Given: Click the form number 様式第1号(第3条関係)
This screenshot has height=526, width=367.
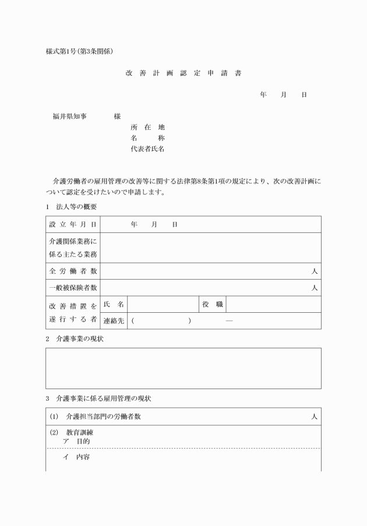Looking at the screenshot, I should coord(79,51).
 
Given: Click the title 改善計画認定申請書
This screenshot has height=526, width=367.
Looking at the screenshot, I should coord(183,73).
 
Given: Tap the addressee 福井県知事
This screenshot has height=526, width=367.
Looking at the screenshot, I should coord(69,117).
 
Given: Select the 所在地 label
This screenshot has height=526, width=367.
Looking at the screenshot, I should coord(148,127).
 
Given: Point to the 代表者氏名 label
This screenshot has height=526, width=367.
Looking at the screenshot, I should coord(148,149).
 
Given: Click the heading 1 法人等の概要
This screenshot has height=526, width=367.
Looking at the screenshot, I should coord(71,207).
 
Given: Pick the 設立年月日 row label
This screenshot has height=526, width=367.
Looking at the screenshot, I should coord(73,224).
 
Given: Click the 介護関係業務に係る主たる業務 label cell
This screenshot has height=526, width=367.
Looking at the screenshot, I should coord(73,248).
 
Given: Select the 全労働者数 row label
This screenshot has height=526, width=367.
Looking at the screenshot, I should coord(73,271).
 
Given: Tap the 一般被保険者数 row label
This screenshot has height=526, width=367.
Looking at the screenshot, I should coord(73,288).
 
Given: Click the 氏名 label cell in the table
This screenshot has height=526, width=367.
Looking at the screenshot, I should coord(114,304).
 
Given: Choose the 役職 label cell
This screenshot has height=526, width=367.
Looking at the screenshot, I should coord(213,304).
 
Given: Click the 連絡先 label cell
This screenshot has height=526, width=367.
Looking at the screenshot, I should coord(114,320).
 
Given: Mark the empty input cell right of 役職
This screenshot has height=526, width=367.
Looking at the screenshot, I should coord(273,304).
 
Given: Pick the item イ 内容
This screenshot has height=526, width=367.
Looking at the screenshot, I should coord(76,457).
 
